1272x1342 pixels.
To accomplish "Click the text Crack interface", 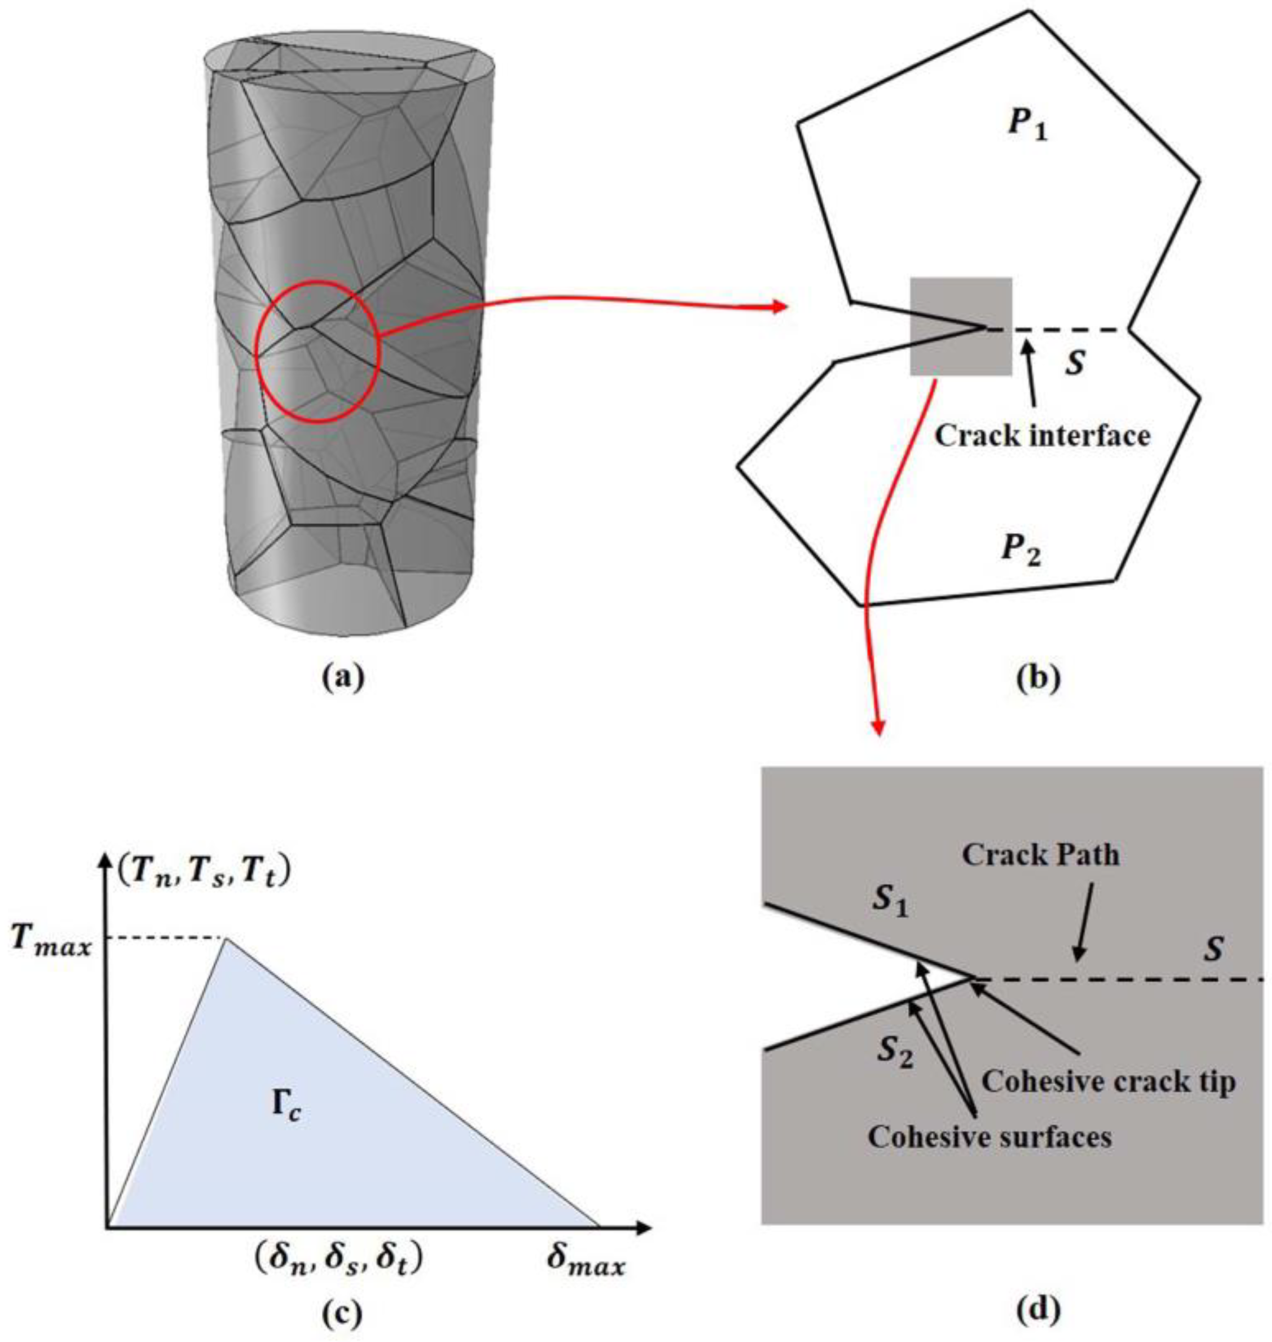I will pyautogui.click(x=1043, y=435).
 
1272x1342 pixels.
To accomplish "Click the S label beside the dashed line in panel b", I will pyautogui.click(x=1075, y=364).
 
